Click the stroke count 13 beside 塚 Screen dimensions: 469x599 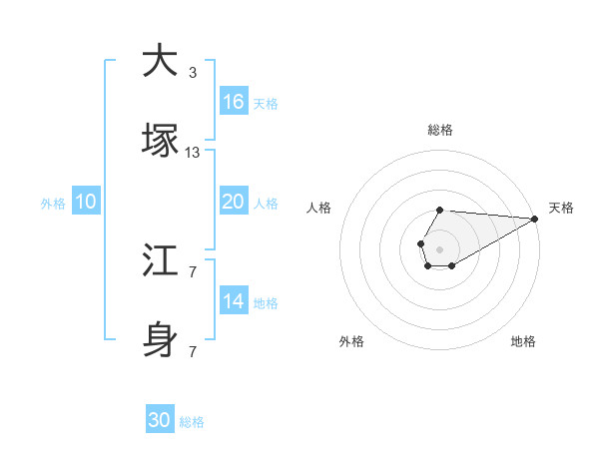[x=193, y=153]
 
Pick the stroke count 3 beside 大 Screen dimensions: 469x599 [x=193, y=73]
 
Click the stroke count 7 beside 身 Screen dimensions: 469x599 [x=193, y=352]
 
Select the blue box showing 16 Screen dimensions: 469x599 [x=234, y=102]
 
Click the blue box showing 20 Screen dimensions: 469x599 [x=234, y=202]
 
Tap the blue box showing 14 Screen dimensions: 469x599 [x=234, y=301]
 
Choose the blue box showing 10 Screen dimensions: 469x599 [x=86, y=202]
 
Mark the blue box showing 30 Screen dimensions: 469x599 [x=160, y=420]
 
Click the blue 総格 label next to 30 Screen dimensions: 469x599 [x=192, y=422]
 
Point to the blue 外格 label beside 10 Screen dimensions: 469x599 [x=53, y=204]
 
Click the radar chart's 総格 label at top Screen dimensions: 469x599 [x=440, y=130]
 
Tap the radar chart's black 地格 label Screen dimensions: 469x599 [x=523, y=342]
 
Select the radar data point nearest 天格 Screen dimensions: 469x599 [x=534, y=219]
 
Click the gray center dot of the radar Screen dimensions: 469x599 [x=439, y=247]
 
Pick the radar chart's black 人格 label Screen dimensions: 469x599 [x=319, y=208]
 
